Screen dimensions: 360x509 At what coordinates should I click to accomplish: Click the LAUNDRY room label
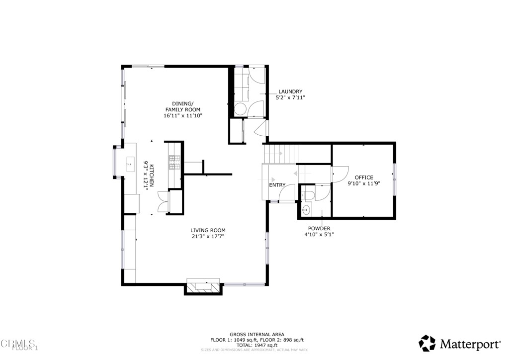(290, 91)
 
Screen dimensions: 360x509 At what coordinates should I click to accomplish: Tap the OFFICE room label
(363, 177)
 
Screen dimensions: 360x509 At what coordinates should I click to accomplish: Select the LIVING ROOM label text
(208, 230)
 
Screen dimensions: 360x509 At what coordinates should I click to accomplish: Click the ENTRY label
(277, 185)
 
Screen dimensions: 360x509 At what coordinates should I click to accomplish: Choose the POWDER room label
(319, 228)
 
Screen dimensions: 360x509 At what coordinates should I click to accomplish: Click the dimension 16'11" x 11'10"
(183, 115)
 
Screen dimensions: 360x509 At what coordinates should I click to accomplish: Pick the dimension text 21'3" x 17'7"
(208, 237)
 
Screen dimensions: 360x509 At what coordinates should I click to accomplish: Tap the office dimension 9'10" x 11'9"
(363, 183)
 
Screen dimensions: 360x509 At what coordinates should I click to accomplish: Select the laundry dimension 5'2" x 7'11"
(290, 98)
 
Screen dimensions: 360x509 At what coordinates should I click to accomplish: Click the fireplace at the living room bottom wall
(203, 286)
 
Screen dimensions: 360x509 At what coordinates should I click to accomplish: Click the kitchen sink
(131, 163)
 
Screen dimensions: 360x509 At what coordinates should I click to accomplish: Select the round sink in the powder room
(306, 210)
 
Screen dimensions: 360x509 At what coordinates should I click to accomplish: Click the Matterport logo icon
(427, 343)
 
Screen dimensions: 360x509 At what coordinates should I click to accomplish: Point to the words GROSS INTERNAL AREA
(257, 334)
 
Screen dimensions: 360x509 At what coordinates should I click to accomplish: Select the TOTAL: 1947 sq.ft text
(257, 345)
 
